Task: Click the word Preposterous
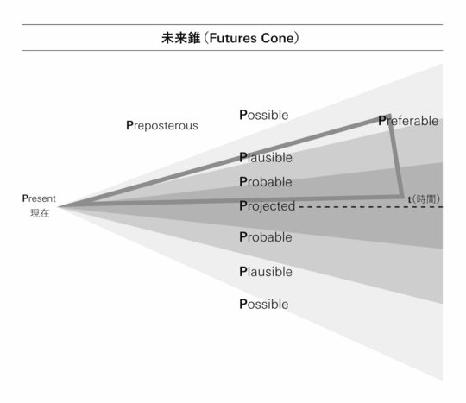[x=162, y=126]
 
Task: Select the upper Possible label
[x=264, y=115]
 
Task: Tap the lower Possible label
[x=264, y=305]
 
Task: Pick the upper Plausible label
[x=266, y=158]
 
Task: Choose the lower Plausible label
[x=266, y=272]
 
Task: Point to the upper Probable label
[x=266, y=182]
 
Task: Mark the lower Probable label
[x=266, y=237]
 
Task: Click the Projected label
[x=268, y=206]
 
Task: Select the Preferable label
[x=408, y=121]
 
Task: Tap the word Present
[x=39, y=198]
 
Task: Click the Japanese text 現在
[x=40, y=213]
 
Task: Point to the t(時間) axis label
[x=424, y=199]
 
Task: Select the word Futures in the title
[x=233, y=38]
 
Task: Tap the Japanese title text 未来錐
[x=180, y=38]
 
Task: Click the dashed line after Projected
[x=370, y=207]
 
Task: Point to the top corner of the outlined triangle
[x=389, y=116]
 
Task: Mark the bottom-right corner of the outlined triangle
[x=402, y=197]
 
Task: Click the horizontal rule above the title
[x=232, y=24]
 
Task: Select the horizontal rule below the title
[x=232, y=51]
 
